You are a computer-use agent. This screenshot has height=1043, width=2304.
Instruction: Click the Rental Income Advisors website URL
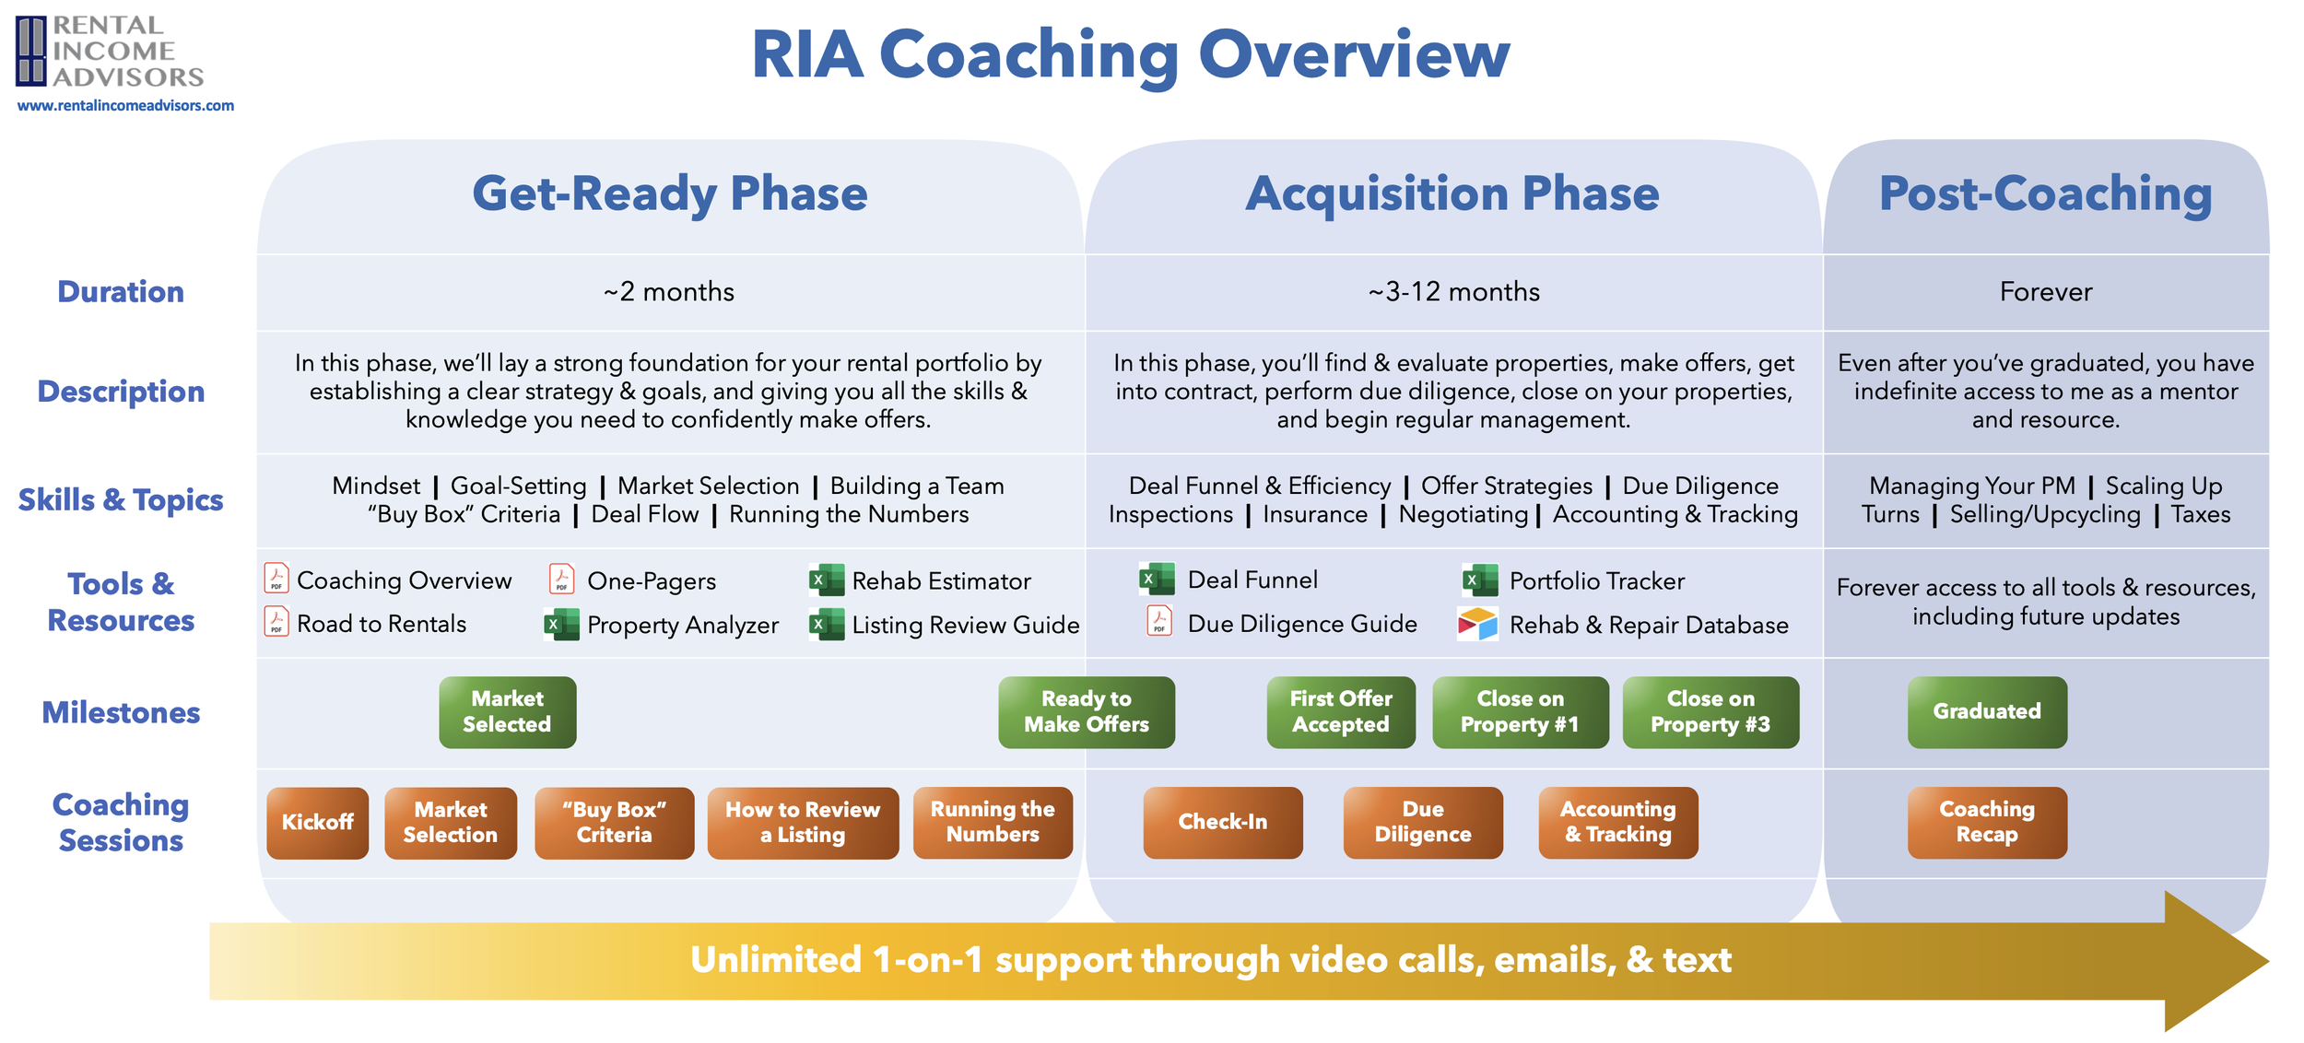pyautogui.click(x=125, y=106)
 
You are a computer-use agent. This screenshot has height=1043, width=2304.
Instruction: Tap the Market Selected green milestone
pyautogui.click(x=507, y=712)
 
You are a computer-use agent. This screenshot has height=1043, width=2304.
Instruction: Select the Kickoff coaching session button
pyautogui.click(x=317, y=822)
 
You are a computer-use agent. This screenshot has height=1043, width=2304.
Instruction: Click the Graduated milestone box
pyautogui.click(x=1986, y=712)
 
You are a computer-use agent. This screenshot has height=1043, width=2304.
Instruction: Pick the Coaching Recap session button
pyautogui.click(x=1986, y=822)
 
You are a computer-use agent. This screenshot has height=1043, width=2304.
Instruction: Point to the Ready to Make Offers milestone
pyautogui.click(x=1086, y=712)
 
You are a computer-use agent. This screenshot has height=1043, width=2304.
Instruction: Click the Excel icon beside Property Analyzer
pyautogui.click(x=561, y=625)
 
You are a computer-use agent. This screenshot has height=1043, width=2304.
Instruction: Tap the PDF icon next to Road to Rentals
pyautogui.click(x=276, y=622)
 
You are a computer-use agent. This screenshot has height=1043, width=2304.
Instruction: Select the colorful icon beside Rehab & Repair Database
pyautogui.click(x=1477, y=624)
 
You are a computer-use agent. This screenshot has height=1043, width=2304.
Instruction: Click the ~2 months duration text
pyautogui.click(x=669, y=292)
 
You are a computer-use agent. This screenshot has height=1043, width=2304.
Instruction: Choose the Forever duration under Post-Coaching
pyautogui.click(x=2045, y=292)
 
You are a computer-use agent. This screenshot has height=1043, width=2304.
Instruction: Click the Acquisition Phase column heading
pyautogui.click(x=1452, y=194)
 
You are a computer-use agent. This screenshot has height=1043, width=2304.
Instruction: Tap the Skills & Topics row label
pyautogui.click(x=121, y=500)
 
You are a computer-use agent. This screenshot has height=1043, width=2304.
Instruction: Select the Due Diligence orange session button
pyautogui.click(x=1422, y=822)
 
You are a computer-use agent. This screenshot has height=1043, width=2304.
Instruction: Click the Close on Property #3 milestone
pyautogui.click(x=1710, y=712)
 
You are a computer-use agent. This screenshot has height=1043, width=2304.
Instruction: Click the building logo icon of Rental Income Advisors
pyautogui.click(x=30, y=51)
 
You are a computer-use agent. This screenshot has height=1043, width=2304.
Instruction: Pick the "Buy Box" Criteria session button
pyautogui.click(x=614, y=822)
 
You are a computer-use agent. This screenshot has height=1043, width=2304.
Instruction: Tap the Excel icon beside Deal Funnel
pyautogui.click(x=1157, y=580)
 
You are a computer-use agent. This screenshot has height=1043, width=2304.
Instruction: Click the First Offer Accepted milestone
pyautogui.click(x=1340, y=712)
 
